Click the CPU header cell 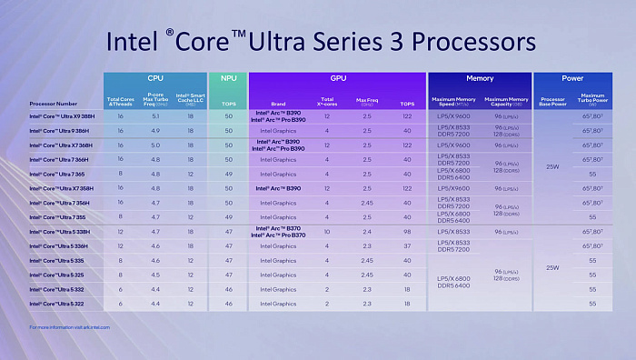pos(154,79)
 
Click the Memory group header pos(479,79)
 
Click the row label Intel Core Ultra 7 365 pos(58,174)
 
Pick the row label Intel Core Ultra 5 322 pos(58,303)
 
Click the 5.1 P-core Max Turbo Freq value pos(155,116)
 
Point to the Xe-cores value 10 pos(326,232)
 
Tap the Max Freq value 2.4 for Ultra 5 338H pos(367,232)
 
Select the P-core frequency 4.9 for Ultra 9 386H pos(155,131)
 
